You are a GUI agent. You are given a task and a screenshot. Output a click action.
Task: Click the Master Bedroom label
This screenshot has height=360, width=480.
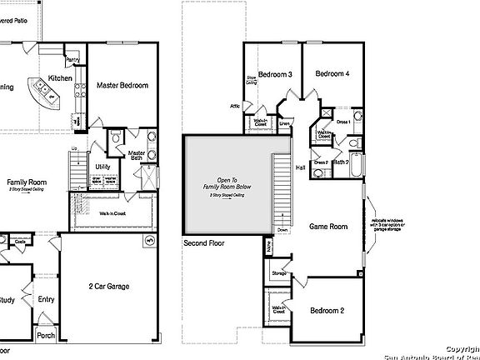pyautogui.click(x=122, y=86)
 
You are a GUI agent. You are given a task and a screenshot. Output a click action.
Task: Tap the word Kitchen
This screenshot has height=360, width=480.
pyautogui.click(x=60, y=78)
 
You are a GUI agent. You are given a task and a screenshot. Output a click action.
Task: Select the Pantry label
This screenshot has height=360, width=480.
pyautogui.click(x=72, y=60)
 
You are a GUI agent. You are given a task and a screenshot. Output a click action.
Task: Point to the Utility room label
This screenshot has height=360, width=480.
pyautogui.click(x=102, y=167)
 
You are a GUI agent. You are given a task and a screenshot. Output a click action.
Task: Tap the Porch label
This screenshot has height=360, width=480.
pyautogui.click(x=46, y=337)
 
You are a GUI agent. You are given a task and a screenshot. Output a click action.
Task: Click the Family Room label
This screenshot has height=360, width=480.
pyautogui.click(x=27, y=182)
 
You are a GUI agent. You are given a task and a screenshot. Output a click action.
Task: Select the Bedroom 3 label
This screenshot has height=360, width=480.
pyautogui.click(x=274, y=75)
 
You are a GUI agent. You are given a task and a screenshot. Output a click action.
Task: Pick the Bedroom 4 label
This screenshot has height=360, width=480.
pyautogui.click(x=332, y=75)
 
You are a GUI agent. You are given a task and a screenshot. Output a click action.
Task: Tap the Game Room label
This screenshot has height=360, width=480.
pyautogui.click(x=328, y=226)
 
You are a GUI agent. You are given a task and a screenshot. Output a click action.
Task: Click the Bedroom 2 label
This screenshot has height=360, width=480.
pyautogui.click(x=327, y=310)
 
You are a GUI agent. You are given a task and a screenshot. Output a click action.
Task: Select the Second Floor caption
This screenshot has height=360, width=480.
pyautogui.click(x=206, y=245)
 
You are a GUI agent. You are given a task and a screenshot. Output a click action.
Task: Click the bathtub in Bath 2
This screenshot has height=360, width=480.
pyautogui.click(x=357, y=167)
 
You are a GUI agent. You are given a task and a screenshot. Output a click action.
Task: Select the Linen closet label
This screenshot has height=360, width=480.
pyautogui.click(x=284, y=124)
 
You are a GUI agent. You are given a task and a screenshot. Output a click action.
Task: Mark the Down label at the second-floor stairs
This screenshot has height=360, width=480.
pyautogui.click(x=282, y=229)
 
